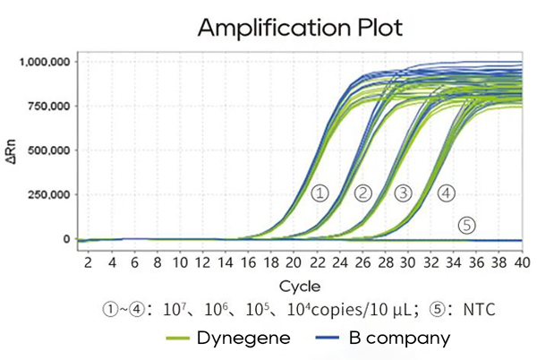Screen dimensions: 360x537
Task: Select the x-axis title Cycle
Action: point(294,287)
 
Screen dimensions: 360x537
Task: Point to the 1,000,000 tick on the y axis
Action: point(44,62)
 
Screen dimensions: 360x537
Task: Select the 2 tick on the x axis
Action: point(89,262)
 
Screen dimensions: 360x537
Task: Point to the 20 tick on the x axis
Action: point(293,262)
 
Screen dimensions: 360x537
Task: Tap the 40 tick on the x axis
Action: point(519,262)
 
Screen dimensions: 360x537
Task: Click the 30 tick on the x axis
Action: point(406,262)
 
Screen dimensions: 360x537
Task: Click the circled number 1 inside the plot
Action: point(320,193)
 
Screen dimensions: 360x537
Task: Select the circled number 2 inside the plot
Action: point(362,193)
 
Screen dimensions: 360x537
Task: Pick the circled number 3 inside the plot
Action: point(403,193)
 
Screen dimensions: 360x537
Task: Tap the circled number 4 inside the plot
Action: point(447,193)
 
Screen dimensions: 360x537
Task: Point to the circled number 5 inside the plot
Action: point(466,225)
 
